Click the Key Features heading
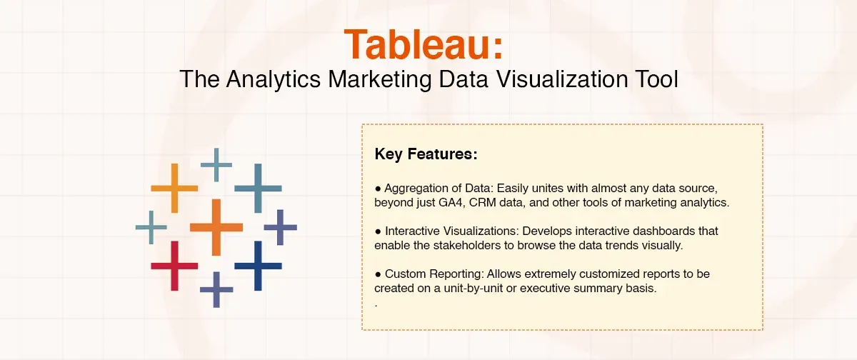[x=426, y=154]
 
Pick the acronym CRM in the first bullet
[x=485, y=203]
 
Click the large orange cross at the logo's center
[x=216, y=227]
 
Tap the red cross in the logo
[x=174, y=266]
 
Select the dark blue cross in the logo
[x=259, y=266]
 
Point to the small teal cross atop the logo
[x=216, y=165]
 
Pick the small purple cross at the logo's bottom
[x=216, y=289]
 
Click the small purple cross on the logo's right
[x=280, y=228]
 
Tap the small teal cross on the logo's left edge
[x=151, y=228]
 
